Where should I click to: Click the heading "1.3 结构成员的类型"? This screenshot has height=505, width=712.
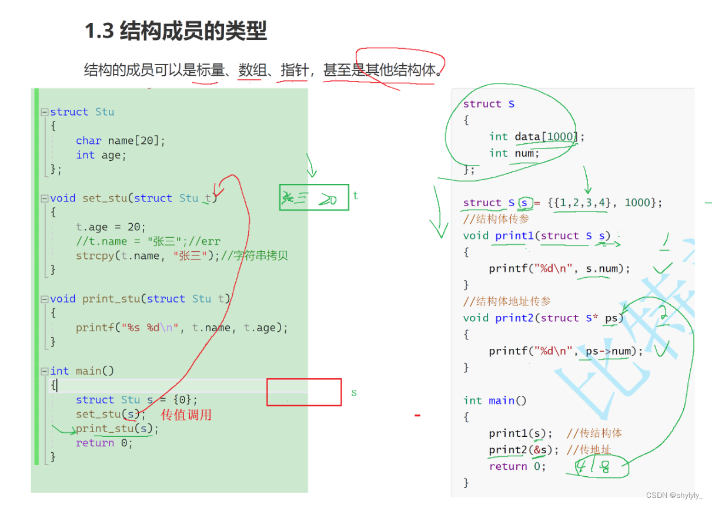tap(176, 31)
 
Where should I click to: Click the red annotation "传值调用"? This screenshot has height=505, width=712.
tap(186, 415)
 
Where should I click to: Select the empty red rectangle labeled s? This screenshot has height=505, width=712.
tap(304, 392)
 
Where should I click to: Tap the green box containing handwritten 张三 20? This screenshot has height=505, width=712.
tap(314, 197)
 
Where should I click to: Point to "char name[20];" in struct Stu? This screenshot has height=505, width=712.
tap(121, 140)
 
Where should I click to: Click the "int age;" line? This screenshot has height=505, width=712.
tap(101, 155)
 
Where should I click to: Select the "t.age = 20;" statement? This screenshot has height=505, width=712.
tap(111, 227)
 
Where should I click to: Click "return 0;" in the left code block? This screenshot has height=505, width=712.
tap(104, 443)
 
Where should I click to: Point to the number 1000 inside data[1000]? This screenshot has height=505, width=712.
tap(560, 137)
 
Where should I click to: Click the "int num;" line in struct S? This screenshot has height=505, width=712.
tap(513, 153)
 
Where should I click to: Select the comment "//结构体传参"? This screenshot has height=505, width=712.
tap(496, 219)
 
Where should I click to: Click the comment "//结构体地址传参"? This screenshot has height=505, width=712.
tap(507, 301)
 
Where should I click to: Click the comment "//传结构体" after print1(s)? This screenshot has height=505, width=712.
tap(594, 433)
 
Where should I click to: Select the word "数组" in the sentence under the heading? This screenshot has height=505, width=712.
tap(250, 71)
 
